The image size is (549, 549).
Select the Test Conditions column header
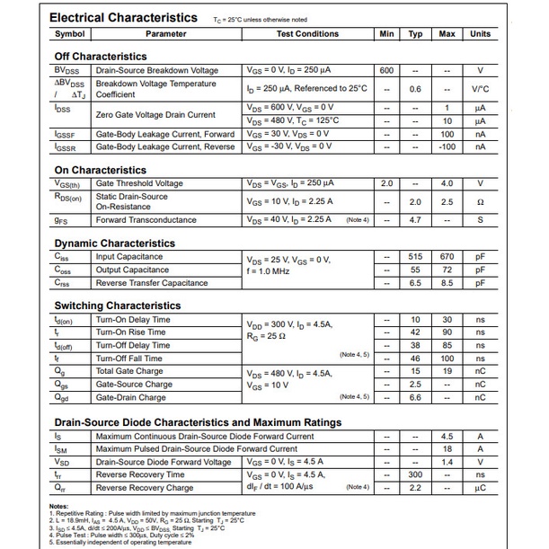[307, 34]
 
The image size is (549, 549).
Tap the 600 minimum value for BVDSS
[386, 70]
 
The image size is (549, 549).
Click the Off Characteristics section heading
[101, 57]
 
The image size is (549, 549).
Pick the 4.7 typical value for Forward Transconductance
[415, 219]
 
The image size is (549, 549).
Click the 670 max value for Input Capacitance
[447, 257]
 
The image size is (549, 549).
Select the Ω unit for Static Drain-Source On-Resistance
[480, 202]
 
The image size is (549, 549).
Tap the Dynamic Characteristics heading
[115, 244]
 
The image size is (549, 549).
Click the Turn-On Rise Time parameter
[133, 332]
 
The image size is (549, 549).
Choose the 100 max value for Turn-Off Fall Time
[447, 359]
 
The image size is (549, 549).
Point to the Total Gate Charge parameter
[129, 371]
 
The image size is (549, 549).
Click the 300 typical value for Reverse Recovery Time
[415, 474]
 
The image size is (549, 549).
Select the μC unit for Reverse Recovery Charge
[480, 487]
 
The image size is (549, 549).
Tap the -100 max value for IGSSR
[447, 146]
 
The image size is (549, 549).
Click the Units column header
[480, 34]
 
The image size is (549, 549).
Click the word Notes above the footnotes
[58, 506]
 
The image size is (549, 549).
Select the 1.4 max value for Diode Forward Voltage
[447, 462]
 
